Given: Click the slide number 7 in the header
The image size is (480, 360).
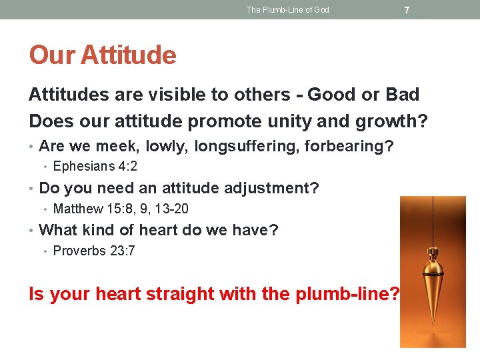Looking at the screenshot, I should (x=407, y=10).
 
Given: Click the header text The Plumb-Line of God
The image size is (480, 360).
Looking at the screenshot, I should (x=287, y=10).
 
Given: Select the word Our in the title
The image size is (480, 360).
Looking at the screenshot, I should (x=53, y=55).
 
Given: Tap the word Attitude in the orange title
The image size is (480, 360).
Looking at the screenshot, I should (x=129, y=55).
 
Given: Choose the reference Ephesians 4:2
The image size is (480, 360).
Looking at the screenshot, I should (x=95, y=167).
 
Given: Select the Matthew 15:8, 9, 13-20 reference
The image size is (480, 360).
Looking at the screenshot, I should (x=121, y=209).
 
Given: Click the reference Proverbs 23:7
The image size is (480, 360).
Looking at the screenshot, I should (x=94, y=251).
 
